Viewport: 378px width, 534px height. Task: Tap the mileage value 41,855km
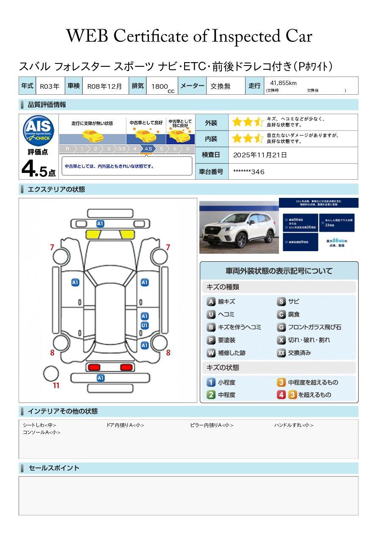coord(283,83)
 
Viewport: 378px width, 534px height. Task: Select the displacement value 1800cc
coord(161,87)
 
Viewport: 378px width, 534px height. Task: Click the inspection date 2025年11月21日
coord(260,155)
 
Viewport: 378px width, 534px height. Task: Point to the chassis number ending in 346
coord(249,172)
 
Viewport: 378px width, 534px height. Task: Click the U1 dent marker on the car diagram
coord(145,326)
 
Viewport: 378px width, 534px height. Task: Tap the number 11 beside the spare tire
coord(56,386)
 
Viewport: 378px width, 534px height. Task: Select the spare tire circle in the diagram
coord(51,373)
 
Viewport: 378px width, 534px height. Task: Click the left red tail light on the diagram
coord(94,367)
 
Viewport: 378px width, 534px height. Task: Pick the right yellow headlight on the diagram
coord(127,235)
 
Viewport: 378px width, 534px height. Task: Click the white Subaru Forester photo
coord(239,227)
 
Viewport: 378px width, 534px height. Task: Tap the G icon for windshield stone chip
coord(281,327)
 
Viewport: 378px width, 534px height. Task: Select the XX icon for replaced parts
coord(281,353)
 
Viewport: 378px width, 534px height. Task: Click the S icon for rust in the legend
coord(281,301)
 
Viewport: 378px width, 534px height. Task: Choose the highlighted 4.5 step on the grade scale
coord(148,149)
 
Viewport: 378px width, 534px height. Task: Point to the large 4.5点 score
coord(38,170)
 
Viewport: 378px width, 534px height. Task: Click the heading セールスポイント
coord(54,468)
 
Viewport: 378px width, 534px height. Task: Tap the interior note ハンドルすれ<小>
coord(293,425)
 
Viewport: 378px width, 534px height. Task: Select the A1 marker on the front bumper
coord(100,224)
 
